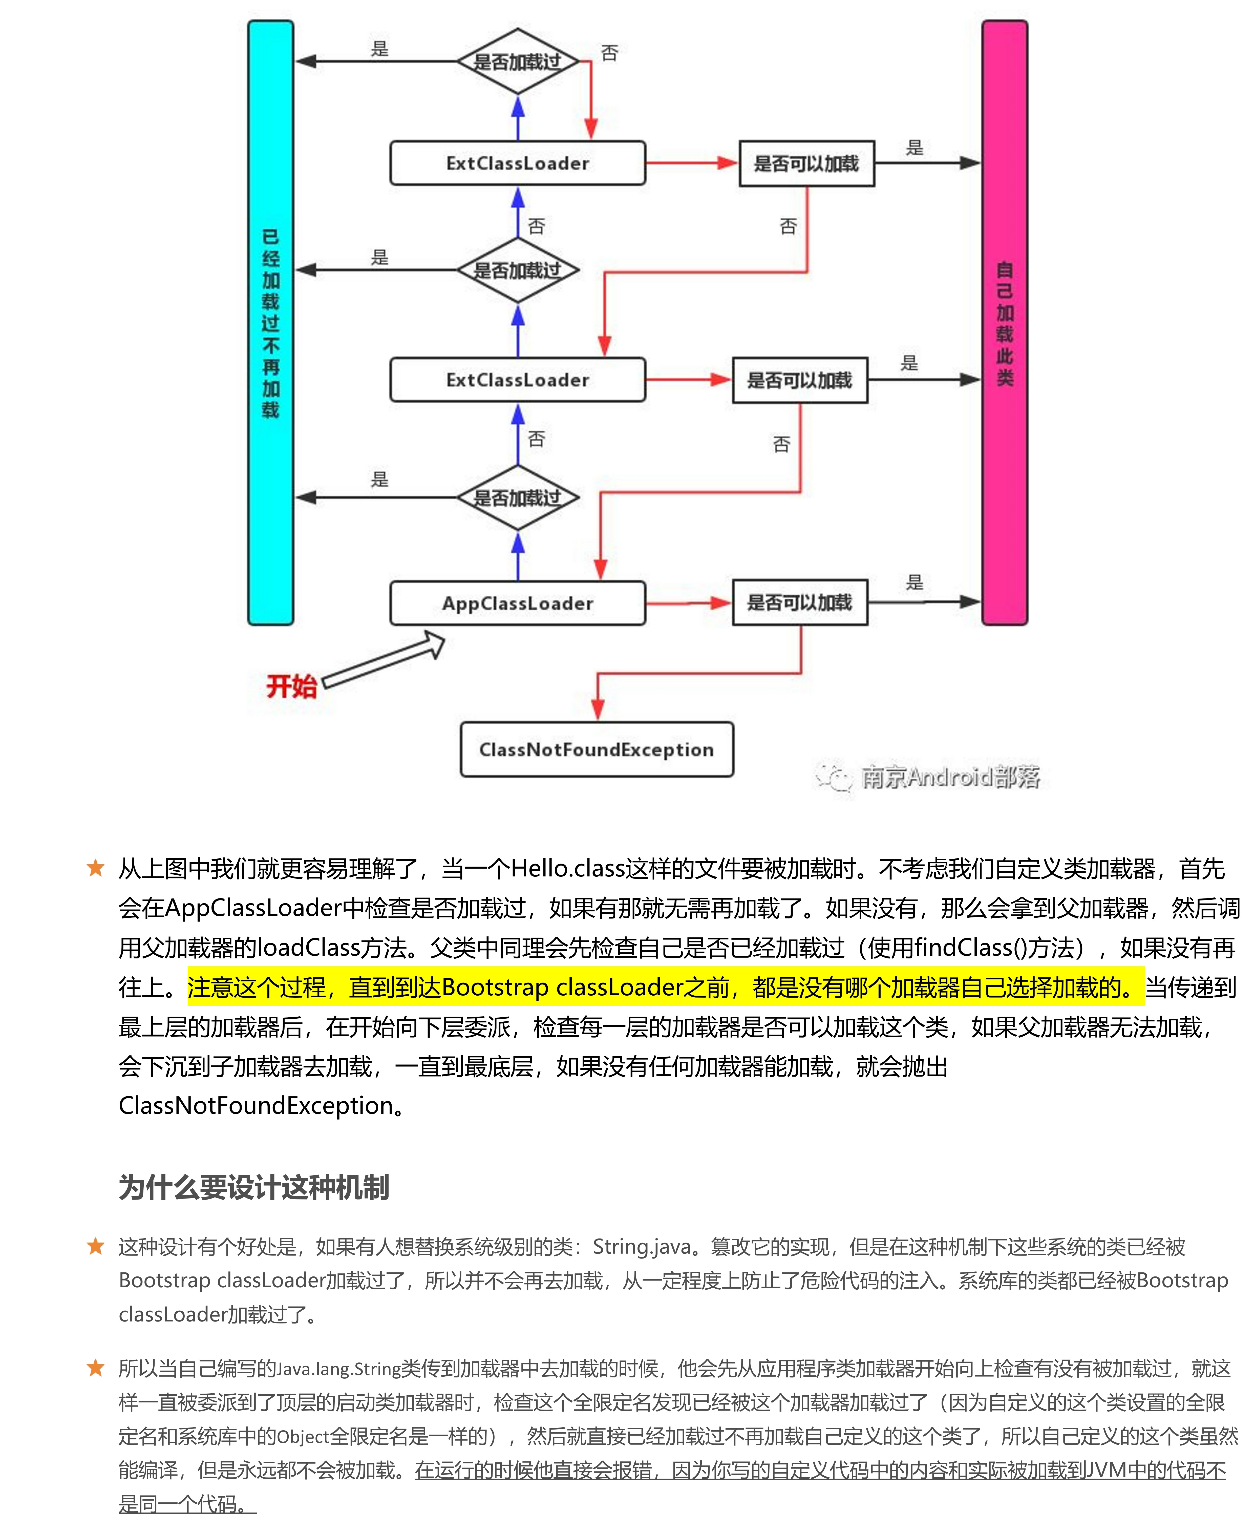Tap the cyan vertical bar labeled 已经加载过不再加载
tap(270, 322)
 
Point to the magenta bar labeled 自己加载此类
tap(1004, 322)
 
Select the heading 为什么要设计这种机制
tap(254, 1188)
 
